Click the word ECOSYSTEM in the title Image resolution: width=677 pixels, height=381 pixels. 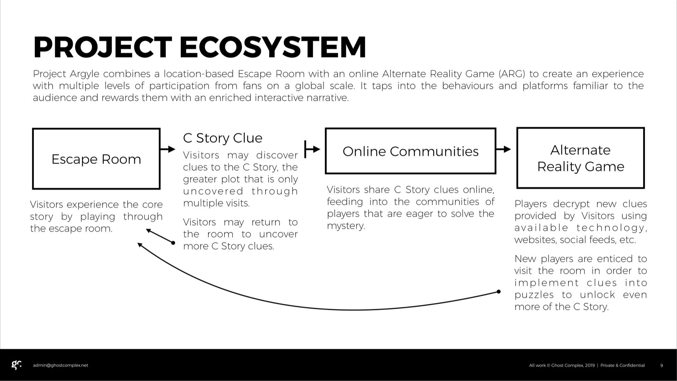point(273,47)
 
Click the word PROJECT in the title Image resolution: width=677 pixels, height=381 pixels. point(103,47)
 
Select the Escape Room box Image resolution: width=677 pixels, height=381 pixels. point(96,159)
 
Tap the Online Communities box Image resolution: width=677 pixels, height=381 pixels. point(410,151)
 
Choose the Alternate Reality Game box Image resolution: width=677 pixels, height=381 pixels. point(580,158)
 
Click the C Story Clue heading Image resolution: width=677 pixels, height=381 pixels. point(222,138)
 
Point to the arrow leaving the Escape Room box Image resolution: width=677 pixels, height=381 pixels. point(168,149)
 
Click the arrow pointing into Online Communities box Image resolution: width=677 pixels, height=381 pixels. point(312,149)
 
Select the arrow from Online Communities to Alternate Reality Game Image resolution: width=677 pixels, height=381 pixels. point(503,149)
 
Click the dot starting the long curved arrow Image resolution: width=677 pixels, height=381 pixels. point(499,292)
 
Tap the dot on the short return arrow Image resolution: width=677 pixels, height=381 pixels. point(173,243)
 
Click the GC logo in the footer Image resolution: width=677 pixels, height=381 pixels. point(17,365)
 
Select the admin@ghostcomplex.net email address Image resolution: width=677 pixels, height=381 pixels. point(60,365)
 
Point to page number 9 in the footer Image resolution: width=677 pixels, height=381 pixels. point(661,365)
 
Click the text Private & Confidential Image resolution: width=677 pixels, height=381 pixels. point(622,365)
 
